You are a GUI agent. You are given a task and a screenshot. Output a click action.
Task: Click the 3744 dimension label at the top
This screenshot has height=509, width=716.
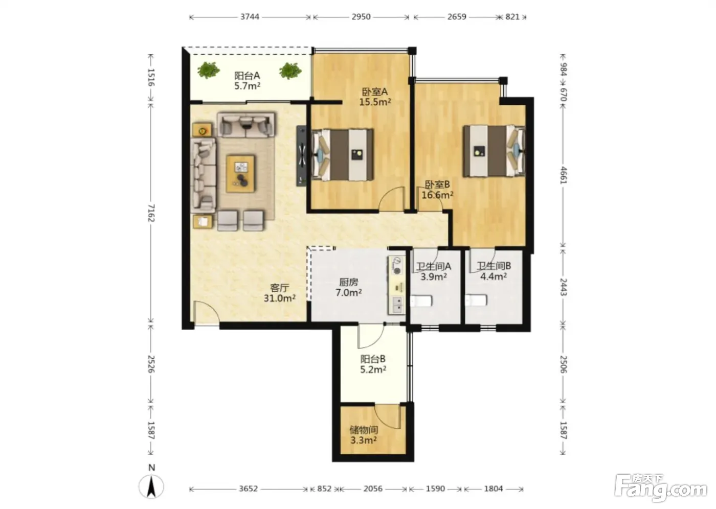(x=250, y=16)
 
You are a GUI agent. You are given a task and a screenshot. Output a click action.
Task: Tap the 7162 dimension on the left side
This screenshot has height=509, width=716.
(x=151, y=213)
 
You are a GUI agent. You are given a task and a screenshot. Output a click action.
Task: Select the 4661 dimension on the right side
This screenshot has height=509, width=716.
(x=563, y=175)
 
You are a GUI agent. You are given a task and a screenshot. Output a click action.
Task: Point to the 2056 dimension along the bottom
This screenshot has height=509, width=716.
(x=373, y=489)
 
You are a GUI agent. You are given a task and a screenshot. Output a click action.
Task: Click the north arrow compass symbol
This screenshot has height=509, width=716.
(x=151, y=486)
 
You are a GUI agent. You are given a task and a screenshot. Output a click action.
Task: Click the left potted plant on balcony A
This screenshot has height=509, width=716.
(x=209, y=70)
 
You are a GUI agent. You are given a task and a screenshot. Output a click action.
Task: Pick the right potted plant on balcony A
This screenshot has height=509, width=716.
(x=290, y=71)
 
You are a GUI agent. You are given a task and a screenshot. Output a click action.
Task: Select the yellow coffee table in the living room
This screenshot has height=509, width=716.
(x=240, y=174)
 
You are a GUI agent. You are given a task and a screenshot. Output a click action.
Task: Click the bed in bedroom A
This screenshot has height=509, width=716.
(x=343, y=155)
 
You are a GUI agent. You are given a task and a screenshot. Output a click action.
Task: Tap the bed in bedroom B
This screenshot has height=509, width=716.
(x=494, y=151)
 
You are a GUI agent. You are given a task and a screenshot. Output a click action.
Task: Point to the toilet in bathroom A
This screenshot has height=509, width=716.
(x=421, y=301)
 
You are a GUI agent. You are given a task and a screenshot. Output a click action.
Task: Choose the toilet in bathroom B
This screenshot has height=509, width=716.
(x=476, y=300)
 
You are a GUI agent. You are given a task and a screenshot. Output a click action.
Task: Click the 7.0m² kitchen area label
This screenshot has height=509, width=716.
(x=348, y=292)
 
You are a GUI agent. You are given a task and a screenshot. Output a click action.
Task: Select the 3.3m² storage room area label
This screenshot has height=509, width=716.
(x=364, y=441)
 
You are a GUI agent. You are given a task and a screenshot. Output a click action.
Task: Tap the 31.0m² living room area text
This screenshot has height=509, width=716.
(x=279, y=298)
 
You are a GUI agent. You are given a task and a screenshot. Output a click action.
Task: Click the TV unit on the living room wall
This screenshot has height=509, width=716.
(x=301, y=156)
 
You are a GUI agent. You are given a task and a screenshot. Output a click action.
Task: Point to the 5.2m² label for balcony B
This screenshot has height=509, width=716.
(x=373, y=369)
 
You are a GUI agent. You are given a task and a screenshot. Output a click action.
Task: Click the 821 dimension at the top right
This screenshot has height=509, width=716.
(x=512, y=16)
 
